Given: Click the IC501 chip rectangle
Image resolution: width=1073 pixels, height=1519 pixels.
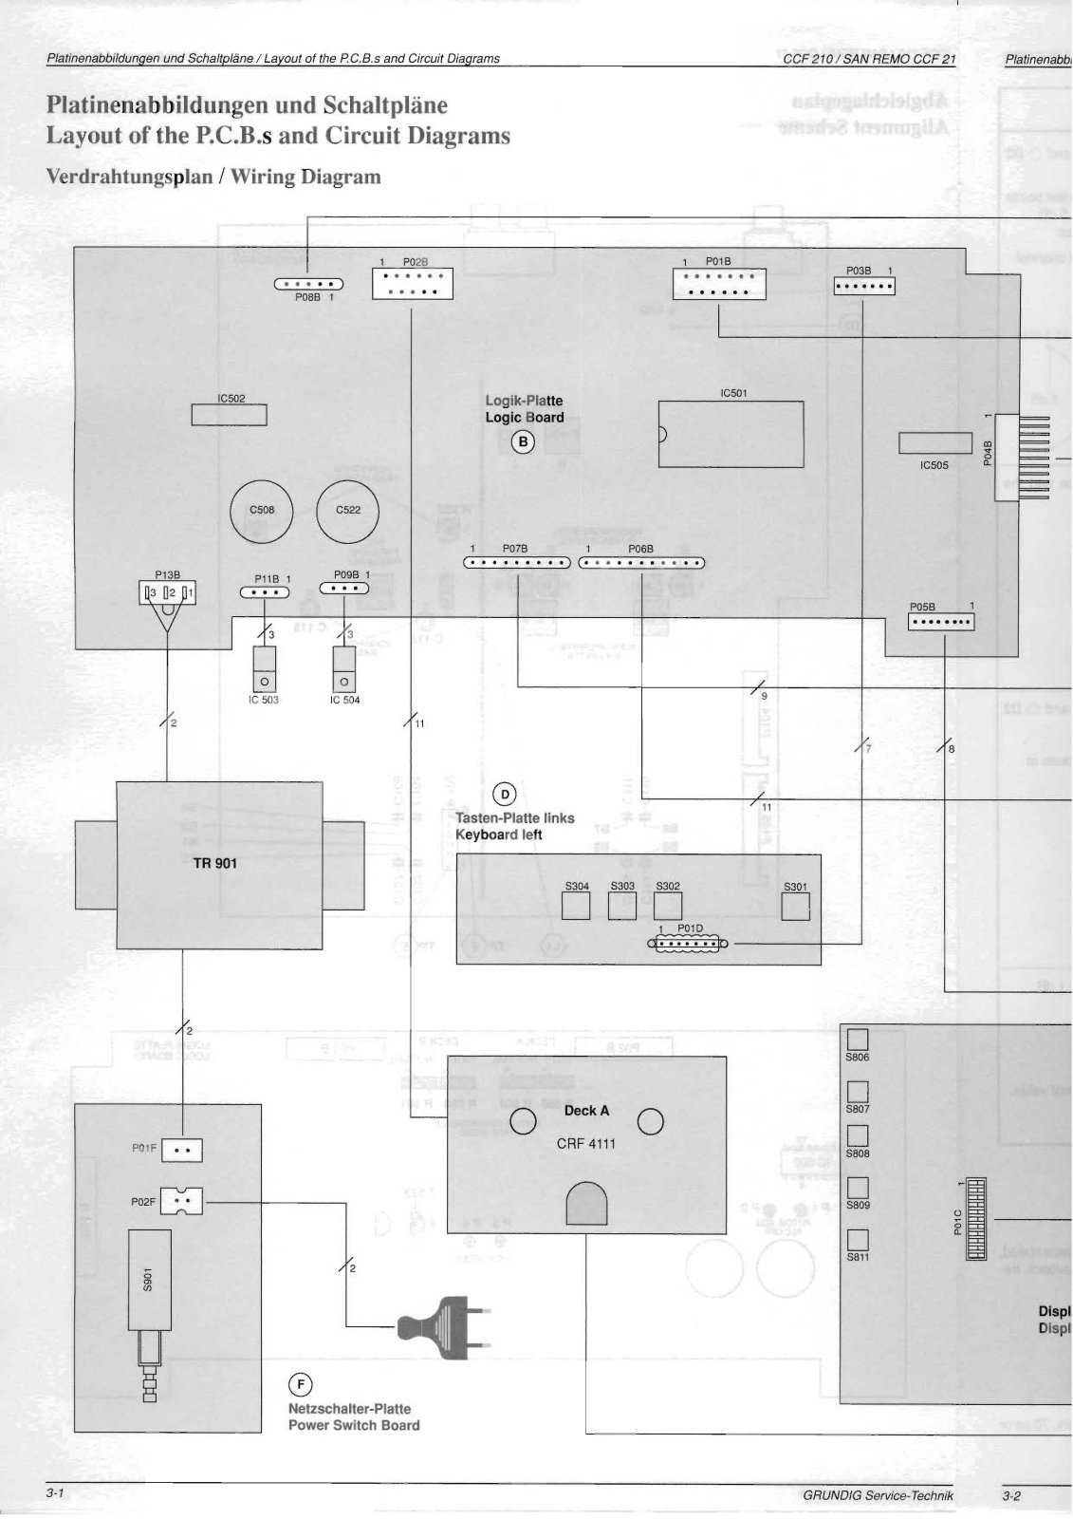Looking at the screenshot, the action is coord(731,434).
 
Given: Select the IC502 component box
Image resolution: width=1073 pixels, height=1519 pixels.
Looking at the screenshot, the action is coord(229,415).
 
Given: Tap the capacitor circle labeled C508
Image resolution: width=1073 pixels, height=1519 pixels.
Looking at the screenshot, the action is coord(262,511).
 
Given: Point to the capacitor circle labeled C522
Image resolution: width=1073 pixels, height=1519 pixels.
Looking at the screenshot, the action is coord(347,511).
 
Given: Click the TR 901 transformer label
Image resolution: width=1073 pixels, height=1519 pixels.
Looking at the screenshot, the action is coord(215,863).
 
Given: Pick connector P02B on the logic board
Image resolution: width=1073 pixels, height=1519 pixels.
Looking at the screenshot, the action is coord(412,283).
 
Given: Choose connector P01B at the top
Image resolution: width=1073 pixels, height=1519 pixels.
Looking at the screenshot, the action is coord(718,284).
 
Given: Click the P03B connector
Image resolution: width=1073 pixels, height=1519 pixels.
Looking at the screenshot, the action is coord(864,286).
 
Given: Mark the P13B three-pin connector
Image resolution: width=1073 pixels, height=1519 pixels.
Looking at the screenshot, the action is coord(168,593).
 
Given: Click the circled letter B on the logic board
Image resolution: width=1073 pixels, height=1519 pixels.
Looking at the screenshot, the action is coord(523,441).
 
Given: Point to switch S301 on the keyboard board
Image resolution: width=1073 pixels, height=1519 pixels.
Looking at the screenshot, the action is coord(795,907).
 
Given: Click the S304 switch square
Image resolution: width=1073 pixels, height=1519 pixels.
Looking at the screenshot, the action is coord(576,907).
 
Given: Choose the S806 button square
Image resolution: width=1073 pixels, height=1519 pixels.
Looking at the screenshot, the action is coord(857,1040).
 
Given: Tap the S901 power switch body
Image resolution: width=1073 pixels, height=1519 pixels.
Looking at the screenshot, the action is coord(149,1280).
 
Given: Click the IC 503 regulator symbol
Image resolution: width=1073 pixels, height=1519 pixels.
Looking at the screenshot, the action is coord(265,670).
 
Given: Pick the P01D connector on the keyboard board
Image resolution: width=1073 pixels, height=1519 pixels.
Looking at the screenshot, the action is coord(688,944).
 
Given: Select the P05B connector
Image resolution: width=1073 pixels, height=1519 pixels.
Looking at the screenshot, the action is coord(941,623).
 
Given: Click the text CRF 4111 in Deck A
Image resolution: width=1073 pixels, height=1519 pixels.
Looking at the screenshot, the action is coord(585,1143).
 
